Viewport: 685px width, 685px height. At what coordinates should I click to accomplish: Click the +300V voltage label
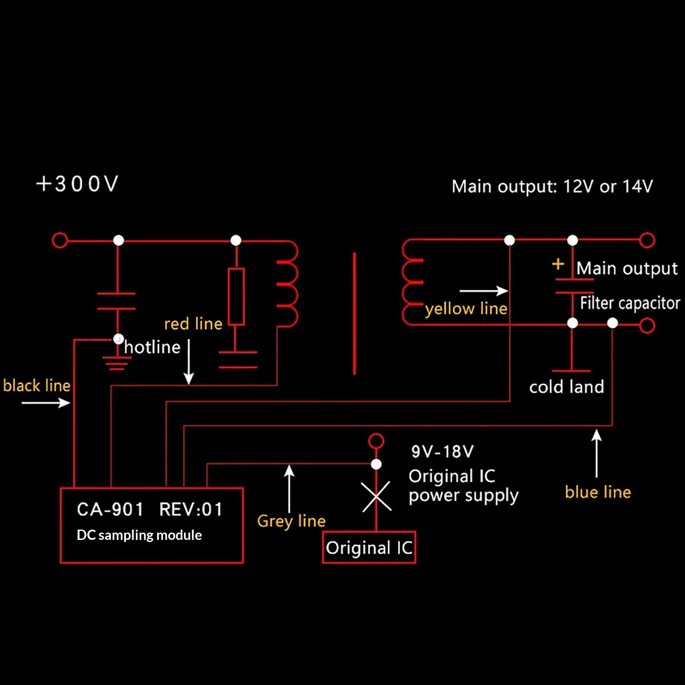[x=77, y=184]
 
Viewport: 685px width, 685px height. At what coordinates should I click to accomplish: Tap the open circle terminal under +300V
[x=60, y=240]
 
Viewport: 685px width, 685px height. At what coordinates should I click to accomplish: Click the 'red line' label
[x=193, y=324]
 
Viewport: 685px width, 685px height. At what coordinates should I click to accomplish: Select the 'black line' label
[x=37, y=386]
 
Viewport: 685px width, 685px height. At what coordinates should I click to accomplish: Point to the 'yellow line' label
[x=466, y=309]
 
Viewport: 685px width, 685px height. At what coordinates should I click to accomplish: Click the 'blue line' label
[x=598, y=492]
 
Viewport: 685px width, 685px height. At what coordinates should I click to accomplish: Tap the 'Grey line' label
[x=291, y=521]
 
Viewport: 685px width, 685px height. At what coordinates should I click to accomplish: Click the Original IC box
[x=369, y=548]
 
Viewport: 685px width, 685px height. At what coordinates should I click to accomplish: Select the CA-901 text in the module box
[x=110, y=509]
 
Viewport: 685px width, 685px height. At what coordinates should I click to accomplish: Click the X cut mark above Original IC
[x=376, y=497]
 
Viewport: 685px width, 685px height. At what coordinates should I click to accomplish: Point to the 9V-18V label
[x=443, y=451]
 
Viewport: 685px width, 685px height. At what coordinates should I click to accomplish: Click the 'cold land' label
[x=566, y=387]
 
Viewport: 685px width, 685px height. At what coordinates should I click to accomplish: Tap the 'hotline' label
[x=152, y=347]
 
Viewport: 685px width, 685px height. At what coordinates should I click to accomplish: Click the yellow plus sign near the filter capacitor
[x=558, y=264]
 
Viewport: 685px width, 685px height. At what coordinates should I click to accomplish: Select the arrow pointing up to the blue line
[x=596, y=453]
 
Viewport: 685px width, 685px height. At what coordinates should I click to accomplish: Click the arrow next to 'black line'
[x=46, y=402]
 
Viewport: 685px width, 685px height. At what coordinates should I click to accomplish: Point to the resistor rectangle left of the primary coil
[x=236, y=296]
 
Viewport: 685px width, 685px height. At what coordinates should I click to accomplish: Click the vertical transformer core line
[x=354, y=313]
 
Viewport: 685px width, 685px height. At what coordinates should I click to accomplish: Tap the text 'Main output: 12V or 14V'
[x=552, y=187]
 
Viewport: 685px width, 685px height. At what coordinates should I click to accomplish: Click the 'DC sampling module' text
[x=139, y=535]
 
